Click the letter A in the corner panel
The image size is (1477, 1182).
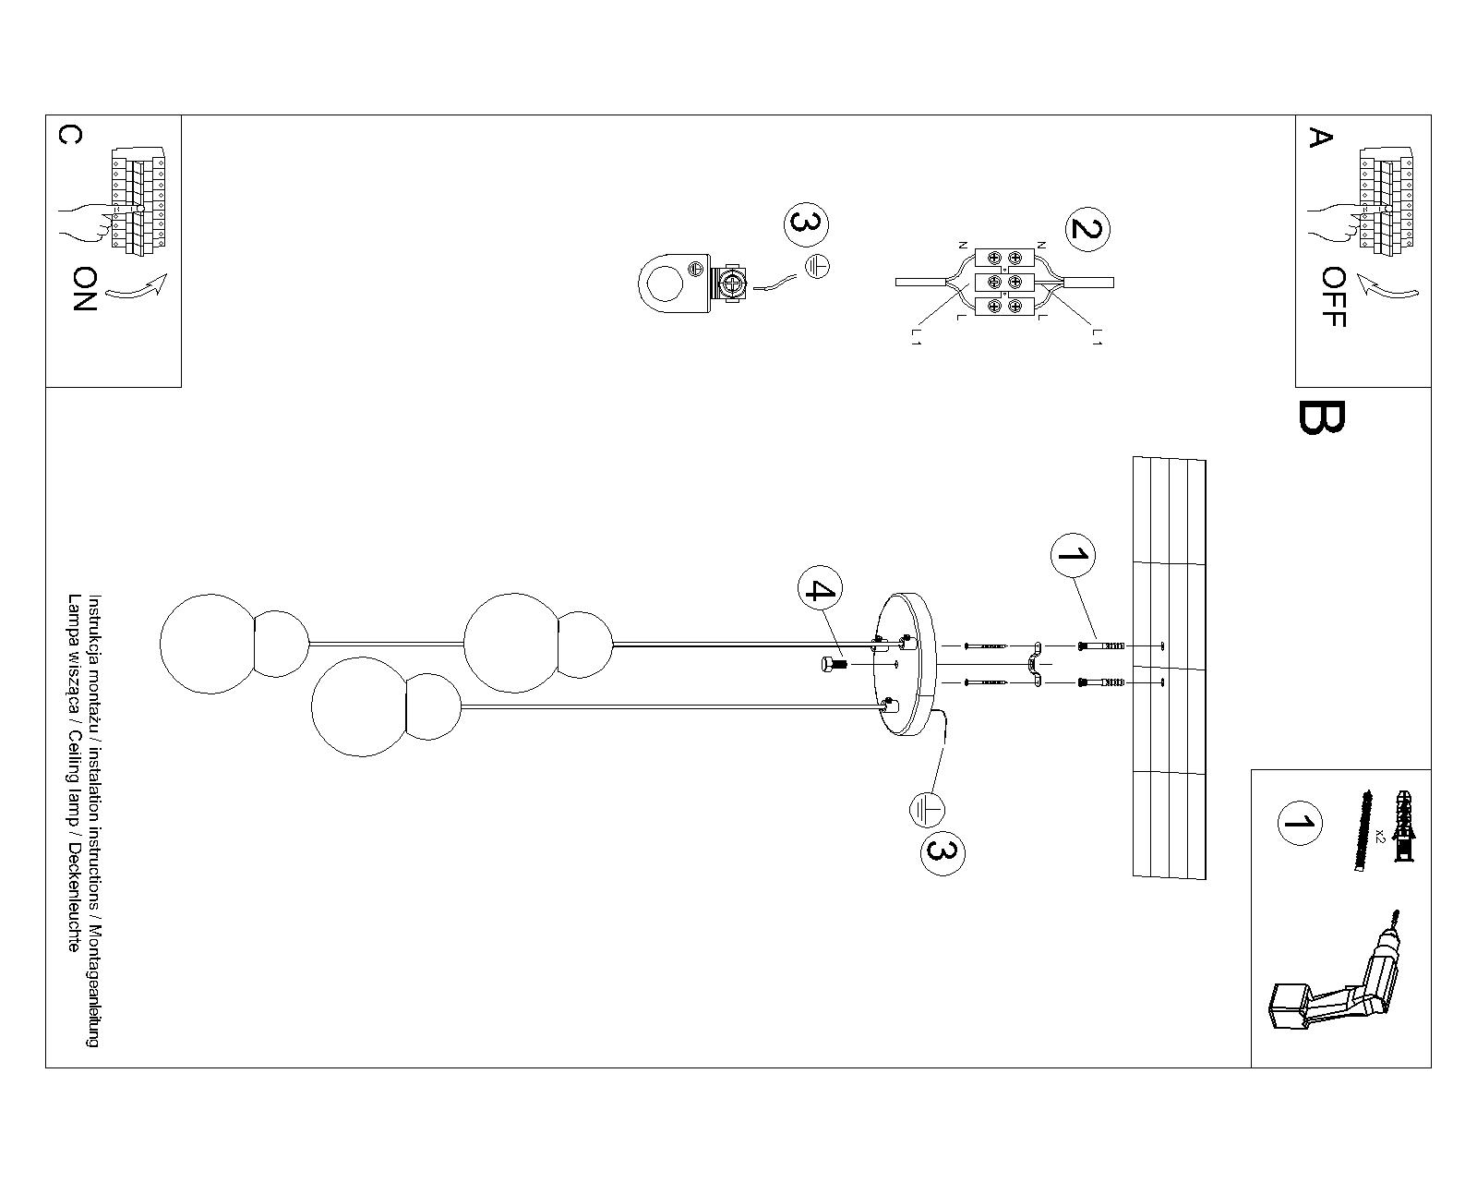point(1320,138)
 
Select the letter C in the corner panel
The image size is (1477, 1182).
point(70,136)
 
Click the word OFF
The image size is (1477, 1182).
point(1334,296)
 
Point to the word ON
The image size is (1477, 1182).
point(84,289)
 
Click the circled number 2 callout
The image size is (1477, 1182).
point(1087,229)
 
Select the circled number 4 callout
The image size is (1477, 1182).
point(820,589)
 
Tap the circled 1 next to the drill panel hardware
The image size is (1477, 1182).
point(1299,823)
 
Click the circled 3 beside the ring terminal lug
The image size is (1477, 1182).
point(807,224)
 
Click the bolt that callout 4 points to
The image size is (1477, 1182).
point(834,664)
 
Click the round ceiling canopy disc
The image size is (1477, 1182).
point(904,664)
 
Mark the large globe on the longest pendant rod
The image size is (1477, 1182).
point(210,645)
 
